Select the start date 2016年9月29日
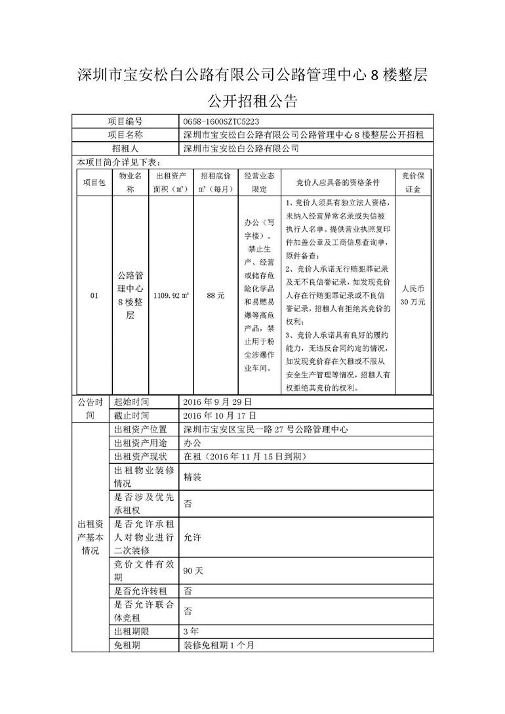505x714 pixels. tap(219, 402)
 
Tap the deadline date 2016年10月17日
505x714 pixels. tap(222, 415)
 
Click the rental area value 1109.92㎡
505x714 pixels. tap(171, 296)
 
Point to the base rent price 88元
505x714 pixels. tap(215, 296)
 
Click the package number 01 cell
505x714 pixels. tap(94, 296)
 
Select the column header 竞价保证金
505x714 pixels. tap(413, 182)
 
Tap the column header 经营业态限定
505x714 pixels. tap(260, 182)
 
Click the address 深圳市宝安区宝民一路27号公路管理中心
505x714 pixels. tap(265, 429)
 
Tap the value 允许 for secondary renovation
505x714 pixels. tap(192, 537)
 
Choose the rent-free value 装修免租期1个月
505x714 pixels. tap(218, 645)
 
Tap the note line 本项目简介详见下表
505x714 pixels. tap(118, 161)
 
